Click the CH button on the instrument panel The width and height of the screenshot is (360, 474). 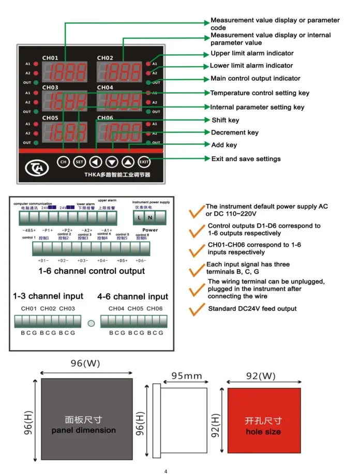click(63, 161)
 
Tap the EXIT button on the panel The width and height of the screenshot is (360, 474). click(144, 161)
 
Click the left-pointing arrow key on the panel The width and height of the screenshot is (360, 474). click(95, 161)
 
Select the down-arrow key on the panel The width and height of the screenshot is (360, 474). click(112, 161)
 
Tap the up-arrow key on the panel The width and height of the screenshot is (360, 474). click(128, 161)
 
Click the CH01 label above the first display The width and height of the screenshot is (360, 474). click(50, 57)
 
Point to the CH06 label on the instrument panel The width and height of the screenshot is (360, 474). click(105, 118)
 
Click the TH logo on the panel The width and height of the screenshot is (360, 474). click(36, 167)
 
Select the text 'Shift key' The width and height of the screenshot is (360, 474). click(225, 120)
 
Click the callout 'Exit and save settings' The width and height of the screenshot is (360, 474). click(246, 158)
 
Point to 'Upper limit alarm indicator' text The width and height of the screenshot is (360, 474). click(251, 53)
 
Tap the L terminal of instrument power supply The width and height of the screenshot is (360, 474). click(140, 217)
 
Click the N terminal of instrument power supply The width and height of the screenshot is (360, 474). click(149, 217)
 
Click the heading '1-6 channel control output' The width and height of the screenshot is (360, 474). click(92, 271)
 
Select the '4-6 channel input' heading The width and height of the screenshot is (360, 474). click(133, 297)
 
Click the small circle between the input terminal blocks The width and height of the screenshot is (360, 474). click(91, 323)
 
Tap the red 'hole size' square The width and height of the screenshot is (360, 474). click(264, 424)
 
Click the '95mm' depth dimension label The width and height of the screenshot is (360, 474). click(187, 376)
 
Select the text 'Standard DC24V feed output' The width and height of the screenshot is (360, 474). click(252, 309)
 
